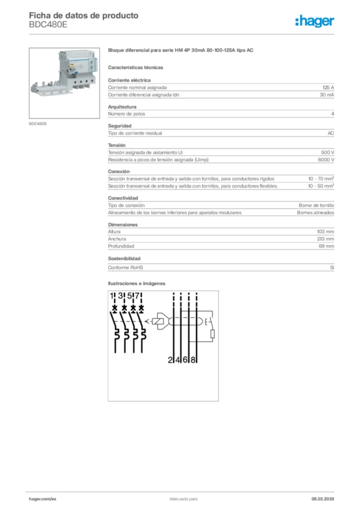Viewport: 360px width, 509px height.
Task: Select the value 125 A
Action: [x=328, y=87]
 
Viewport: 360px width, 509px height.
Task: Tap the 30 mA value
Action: [x=327, y=94]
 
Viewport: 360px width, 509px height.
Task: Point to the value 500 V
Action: [x=328, y=152]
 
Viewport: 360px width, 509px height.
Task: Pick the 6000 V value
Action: [x=326, y=160]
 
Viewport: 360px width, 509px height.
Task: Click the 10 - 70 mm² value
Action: [x=321, y=178]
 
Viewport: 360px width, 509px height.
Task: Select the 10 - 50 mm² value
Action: [x=321, y=186]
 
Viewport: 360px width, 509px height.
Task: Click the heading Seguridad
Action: [x=119, y=126]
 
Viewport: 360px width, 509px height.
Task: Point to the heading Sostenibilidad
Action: [x=124, y=258]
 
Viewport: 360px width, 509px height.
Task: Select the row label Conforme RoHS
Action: [x=125, y=267]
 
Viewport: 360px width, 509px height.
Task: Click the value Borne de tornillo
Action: [x=316, y=205]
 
